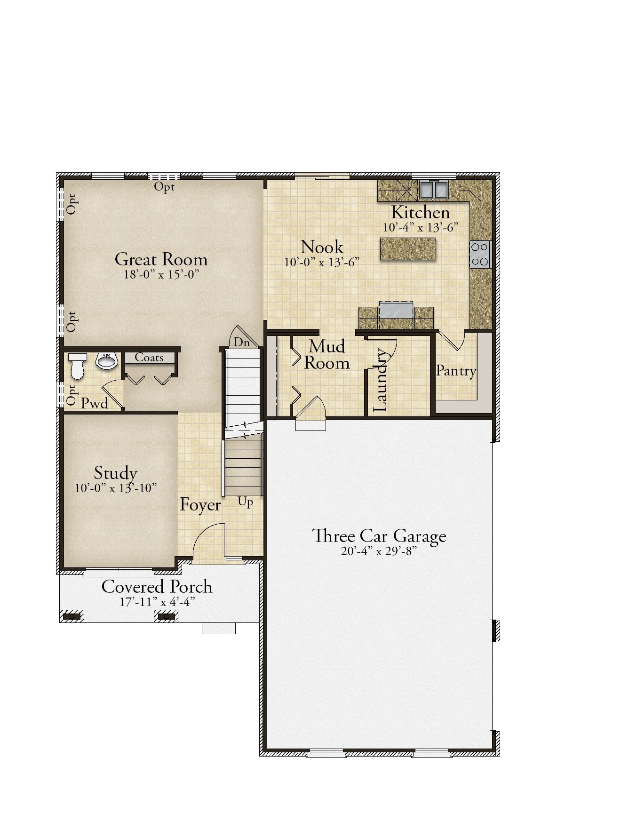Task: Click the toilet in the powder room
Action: click(77, 366)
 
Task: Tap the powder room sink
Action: click(107, 361)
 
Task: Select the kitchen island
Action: click(408, 248)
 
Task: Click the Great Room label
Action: click(161, 259)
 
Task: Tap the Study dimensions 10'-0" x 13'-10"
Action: click(116, 488)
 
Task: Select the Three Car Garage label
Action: click(380, 536)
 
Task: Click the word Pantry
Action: click(456, 371)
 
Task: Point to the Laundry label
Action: click(380, 380)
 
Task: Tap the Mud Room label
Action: click(327, 355)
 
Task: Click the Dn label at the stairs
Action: click(242, 343)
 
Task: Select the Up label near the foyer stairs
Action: click(246, 502)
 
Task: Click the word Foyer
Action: click(200, 505)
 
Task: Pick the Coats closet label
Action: click(149, 358)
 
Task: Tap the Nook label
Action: click(322, 247)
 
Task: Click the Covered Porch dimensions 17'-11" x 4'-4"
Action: click(157, 602)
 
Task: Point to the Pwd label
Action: click(95, 403)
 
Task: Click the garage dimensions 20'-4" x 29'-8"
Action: click(379, 551)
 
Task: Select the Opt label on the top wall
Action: click(165, 187)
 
